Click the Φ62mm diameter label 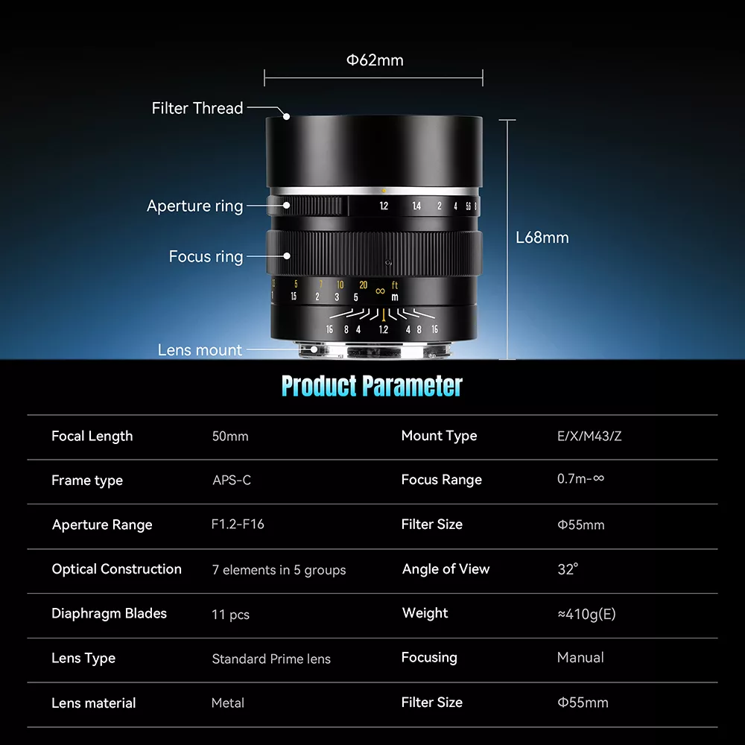(x=375, y=60)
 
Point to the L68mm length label (x=542, y=238)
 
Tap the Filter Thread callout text (x=197, y=108)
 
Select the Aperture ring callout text (x=194, y=206)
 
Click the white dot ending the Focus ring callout (x=287, y=256)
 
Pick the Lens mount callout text (x=200, y=350)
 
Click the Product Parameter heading (x=372, y=386)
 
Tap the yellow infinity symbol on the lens (x=380, y=291)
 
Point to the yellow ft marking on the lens (x=394, y=285)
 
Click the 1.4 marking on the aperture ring (x=416, y=206)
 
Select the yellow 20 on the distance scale (x=363, y=285)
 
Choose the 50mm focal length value (x=230, y=436)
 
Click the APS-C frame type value (x=232, y=481)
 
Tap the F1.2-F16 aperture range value (x=238, y=524)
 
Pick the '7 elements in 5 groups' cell (x=279, y=570)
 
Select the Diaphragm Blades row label (x=109, y=613)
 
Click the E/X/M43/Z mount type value (x=589, y=436)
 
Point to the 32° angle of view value (x=568, y=568)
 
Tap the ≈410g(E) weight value (x=586, y=614)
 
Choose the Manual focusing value (x=580, y=658)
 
